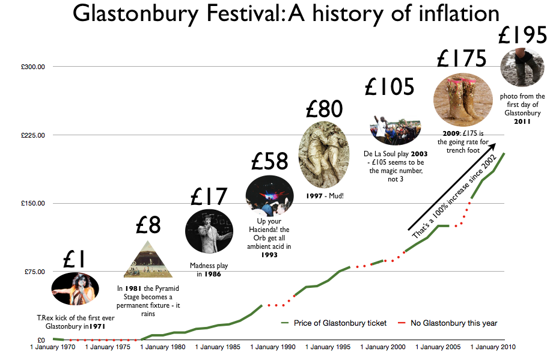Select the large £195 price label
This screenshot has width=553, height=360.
pos(522,37)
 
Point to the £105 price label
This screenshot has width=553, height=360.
pos(390,87)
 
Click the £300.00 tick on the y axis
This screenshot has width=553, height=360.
pos(34,67)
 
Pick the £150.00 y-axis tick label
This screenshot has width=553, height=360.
pos(34,204)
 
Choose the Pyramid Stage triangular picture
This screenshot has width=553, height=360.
pos(148,260)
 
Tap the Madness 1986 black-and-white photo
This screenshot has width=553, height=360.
pos(209,231)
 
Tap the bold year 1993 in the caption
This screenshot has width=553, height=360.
pos(269,255)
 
